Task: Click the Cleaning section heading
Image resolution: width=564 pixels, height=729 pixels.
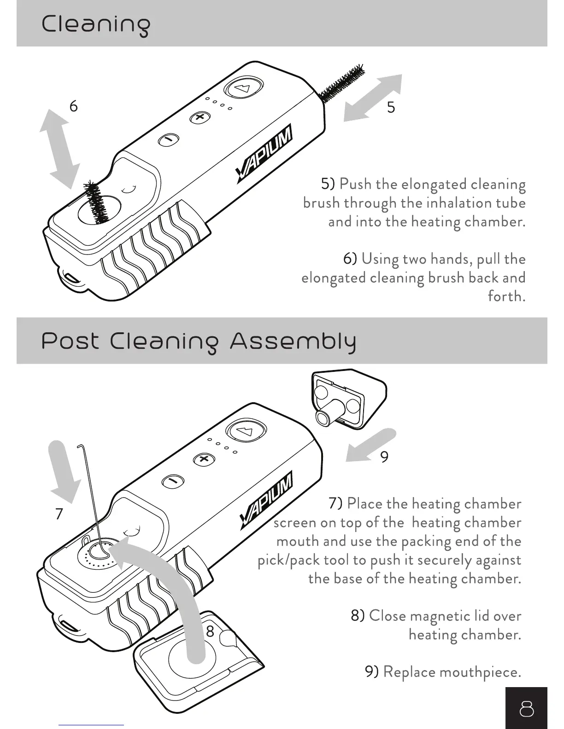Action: (96, 24)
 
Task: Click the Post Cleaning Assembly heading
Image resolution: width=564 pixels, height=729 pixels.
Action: (199, 341)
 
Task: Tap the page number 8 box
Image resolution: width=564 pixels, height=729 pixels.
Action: (526, 709)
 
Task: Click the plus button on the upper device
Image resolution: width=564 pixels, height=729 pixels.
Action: (200, 117)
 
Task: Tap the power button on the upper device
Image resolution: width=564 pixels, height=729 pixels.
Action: (243, 88)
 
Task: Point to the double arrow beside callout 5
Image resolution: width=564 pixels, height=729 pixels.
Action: (373, 98)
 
